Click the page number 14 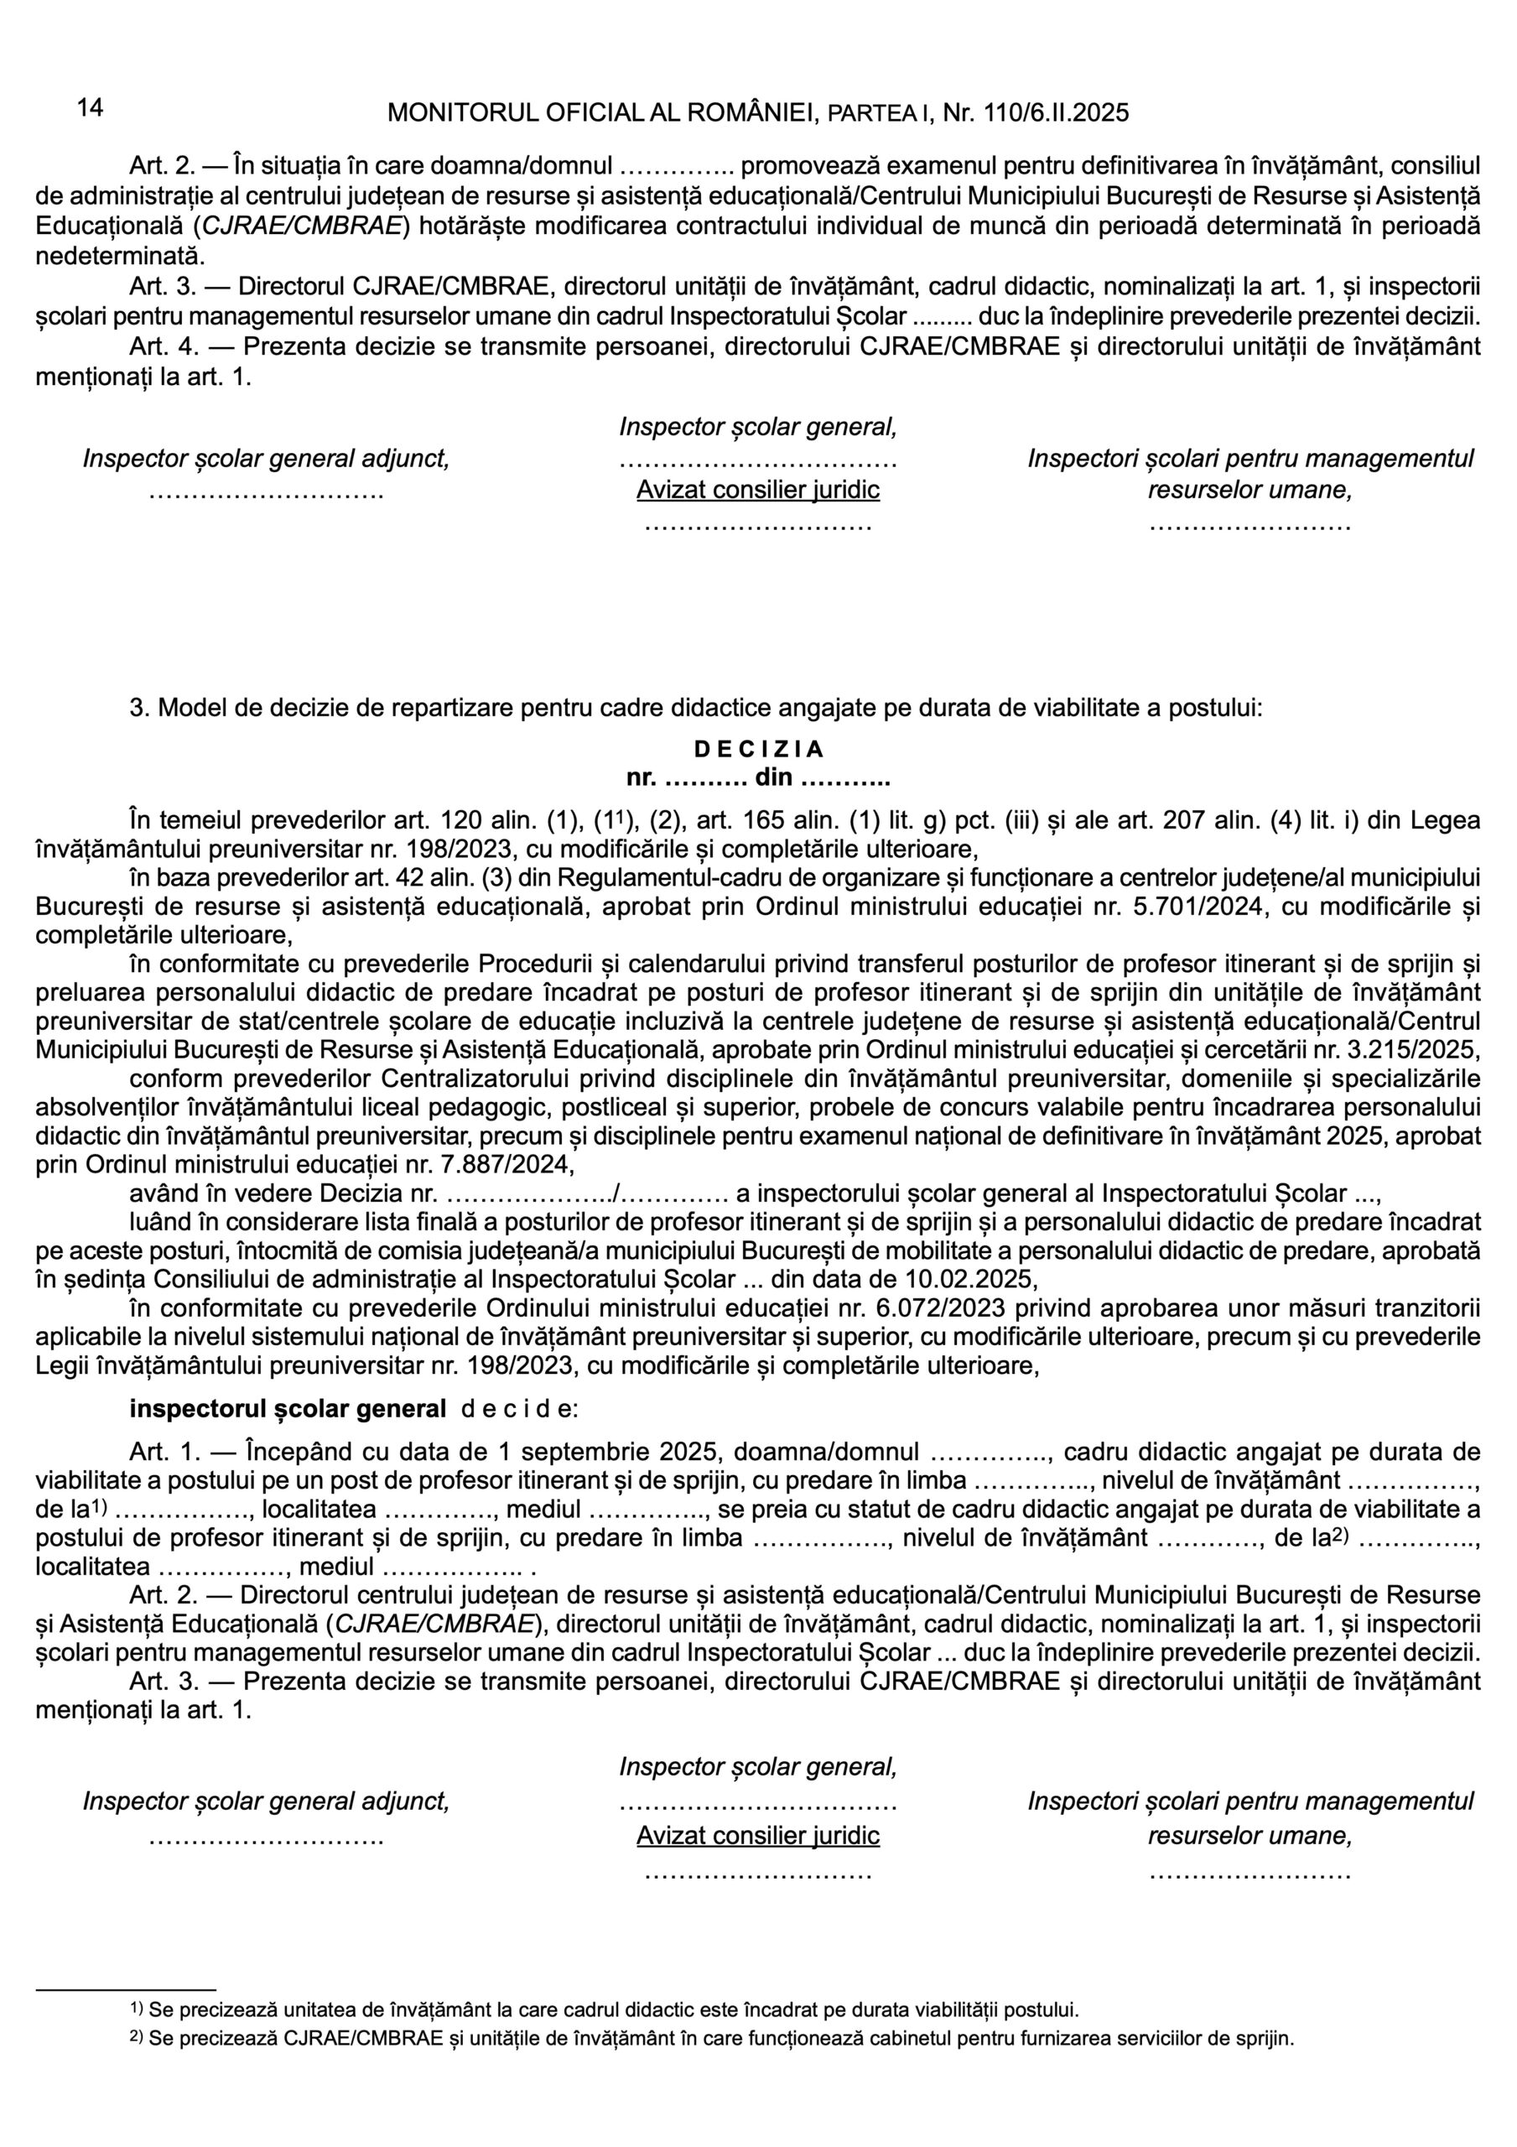pyautogui.click(x=90, y=107)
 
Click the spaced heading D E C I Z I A pyautogui.click(x=758, y=749)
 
